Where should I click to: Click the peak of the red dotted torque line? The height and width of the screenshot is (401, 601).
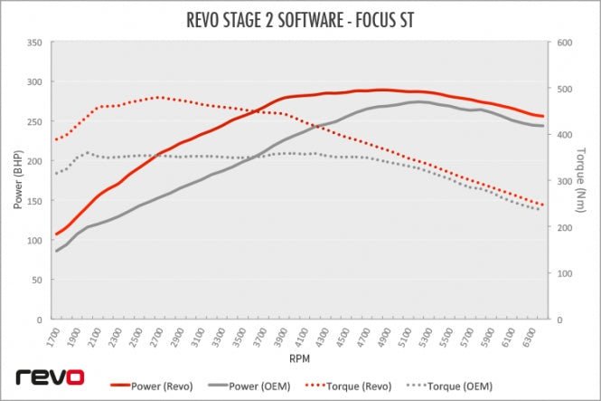click(159, 97)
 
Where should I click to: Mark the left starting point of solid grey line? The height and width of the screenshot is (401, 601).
click(56, 251)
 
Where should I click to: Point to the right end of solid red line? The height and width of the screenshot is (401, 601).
click(542, 116)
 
